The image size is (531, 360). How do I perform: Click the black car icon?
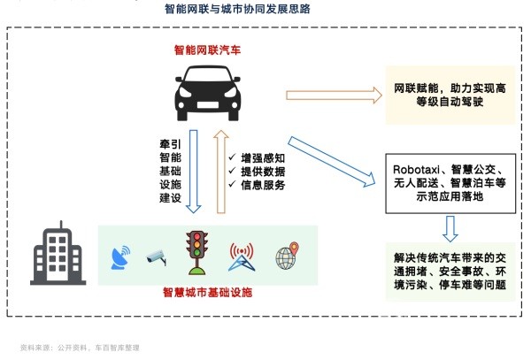pos(207,92)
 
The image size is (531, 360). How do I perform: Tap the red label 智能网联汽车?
pos(207,50)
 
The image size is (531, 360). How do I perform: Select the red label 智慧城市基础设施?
pos(207,291)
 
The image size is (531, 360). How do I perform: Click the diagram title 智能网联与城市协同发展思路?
pos(237,10)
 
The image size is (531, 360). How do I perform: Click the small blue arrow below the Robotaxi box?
pos(450,228)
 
